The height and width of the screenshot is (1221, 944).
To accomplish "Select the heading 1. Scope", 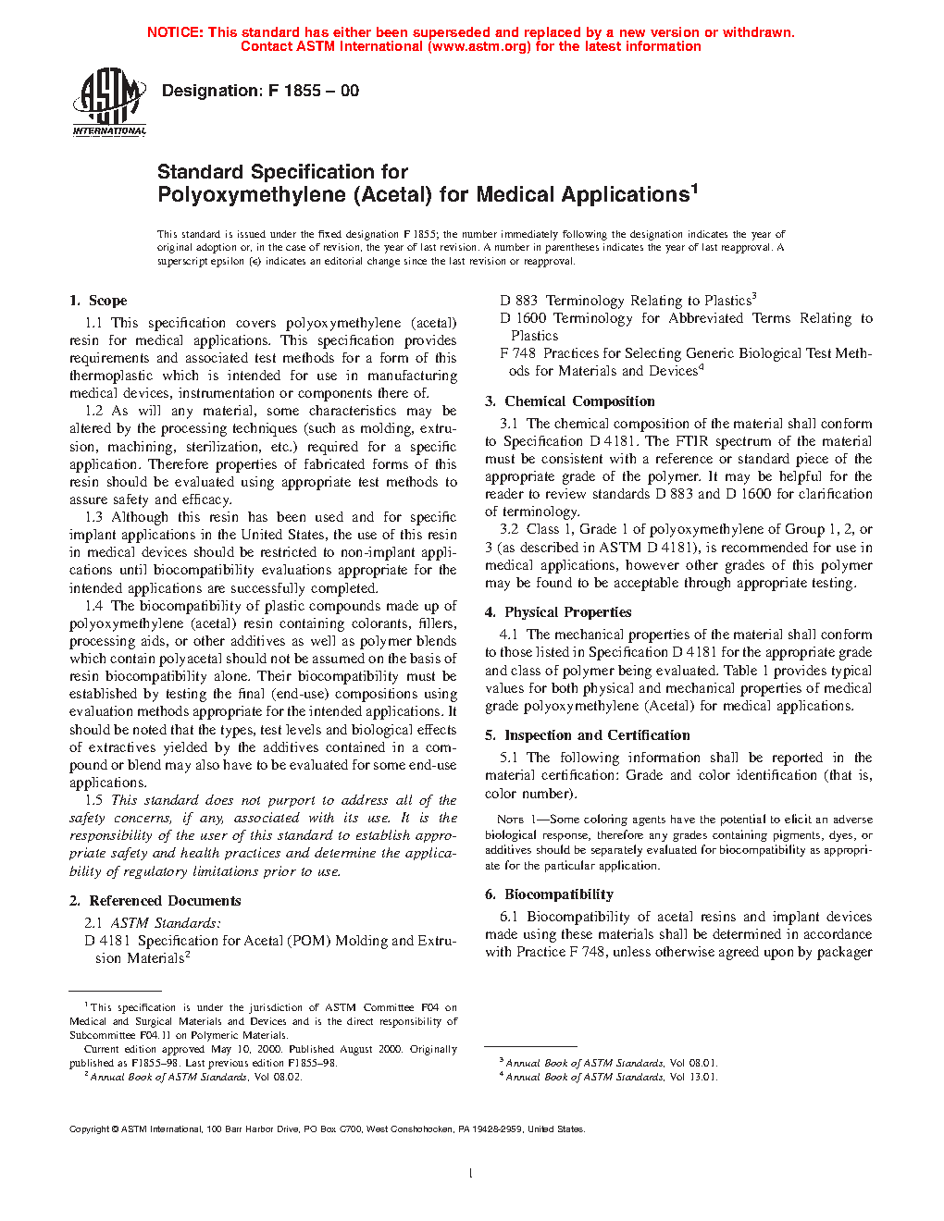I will pos(98,301).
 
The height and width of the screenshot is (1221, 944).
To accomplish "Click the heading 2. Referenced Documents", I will pos(155,901).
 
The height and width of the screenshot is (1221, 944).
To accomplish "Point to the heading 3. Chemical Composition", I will pos(569,401).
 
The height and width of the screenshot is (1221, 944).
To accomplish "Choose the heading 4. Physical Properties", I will pos(558,612).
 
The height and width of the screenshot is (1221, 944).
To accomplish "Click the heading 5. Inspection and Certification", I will pos(587,735).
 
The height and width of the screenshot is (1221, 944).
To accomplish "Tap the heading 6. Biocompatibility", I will pos(549,894).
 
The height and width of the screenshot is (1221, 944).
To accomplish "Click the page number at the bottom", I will pos(471,1174).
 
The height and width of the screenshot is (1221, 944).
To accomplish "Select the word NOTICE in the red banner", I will pos(175,32).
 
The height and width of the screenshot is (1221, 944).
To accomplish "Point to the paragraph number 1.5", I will pos(93,800).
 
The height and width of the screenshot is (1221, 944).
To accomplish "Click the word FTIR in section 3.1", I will pos(693,441).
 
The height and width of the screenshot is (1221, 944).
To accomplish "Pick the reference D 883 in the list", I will pos(518,301).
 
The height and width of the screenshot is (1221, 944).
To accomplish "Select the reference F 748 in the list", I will pos(517,353).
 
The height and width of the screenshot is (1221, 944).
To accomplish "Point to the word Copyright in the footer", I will pos(90,1129).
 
